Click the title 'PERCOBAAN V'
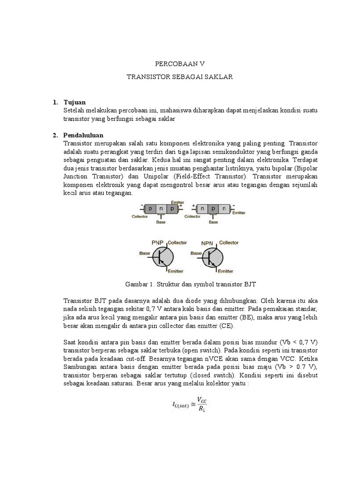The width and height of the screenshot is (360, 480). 180,63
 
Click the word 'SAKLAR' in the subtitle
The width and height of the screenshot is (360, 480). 218,76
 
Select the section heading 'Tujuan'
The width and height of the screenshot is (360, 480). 75,102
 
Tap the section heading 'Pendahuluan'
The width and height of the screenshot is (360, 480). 83,135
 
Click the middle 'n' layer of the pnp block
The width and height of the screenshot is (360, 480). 160,208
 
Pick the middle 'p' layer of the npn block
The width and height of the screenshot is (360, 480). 213,208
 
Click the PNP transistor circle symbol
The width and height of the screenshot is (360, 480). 160,257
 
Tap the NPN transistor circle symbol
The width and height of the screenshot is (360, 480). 212,257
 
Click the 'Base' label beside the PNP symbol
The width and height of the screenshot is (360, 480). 145,253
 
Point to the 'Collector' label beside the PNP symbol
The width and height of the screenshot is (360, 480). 177,242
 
